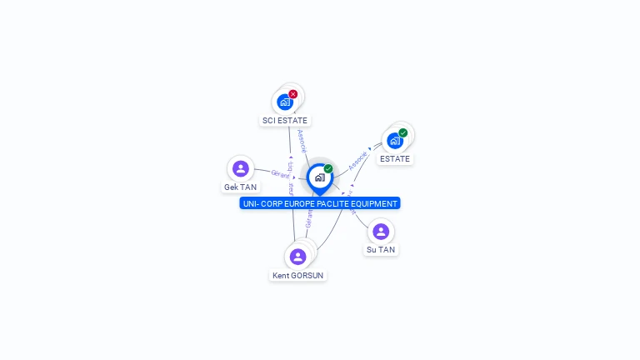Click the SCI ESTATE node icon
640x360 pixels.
(285, 102)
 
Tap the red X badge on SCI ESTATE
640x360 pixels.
(292, 94)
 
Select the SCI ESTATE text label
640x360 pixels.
(285, 121)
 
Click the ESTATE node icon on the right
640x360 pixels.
(395, 141)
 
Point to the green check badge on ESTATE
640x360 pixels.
(403, 132)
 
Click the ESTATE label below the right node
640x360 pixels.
(395, 159)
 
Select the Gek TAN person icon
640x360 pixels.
(241, 169)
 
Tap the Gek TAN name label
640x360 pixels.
(241, 187)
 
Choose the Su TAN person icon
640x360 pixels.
(381, 232)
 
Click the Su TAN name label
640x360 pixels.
(381, 250)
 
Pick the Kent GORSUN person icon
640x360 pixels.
(298, 257)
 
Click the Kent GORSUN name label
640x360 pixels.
(298, 276)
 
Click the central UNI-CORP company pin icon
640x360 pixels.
(319, 177)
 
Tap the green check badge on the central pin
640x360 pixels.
(328, 168)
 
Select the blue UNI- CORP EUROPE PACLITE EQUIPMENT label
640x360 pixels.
(320, 203)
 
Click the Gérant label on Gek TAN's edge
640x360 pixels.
(281, 175)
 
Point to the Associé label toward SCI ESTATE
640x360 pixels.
(302, 141)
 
